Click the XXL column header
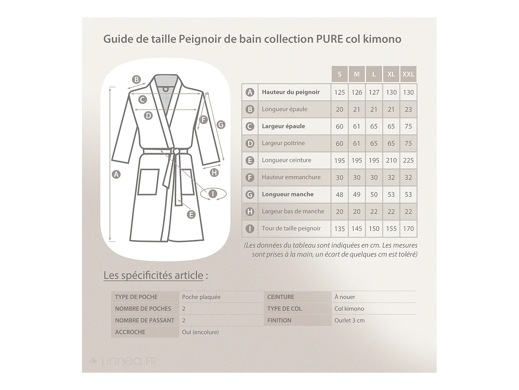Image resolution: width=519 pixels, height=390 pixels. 408,74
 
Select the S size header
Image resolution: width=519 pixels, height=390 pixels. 339,74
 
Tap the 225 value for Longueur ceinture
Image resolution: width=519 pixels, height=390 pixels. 408,161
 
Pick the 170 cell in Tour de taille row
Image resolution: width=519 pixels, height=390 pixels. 408,229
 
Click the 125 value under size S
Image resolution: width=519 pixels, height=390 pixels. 339,93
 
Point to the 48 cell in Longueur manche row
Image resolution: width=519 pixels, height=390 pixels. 339,195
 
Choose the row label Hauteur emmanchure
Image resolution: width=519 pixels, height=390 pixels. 291,177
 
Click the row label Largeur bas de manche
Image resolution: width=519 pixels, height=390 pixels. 293,211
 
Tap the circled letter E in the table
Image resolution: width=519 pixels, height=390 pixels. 249,161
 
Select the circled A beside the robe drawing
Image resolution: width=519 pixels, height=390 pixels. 116,174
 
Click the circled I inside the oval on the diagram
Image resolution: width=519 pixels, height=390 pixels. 213,194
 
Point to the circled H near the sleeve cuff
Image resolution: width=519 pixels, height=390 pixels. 214,172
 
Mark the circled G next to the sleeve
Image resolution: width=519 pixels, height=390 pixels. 221,124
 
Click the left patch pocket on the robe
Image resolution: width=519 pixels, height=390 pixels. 148,182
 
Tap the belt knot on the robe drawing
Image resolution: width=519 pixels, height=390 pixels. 175,151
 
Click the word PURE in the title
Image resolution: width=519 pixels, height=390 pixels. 329,39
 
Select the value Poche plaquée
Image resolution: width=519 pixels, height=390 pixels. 201,297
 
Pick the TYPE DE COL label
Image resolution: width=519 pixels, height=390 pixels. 284,309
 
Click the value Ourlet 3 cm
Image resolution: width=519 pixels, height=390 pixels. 349,321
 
